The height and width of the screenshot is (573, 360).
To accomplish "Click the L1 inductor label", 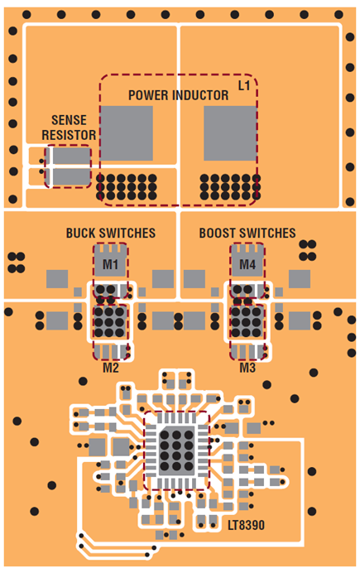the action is coord(244,85).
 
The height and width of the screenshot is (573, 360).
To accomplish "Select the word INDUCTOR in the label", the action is coord(201,95).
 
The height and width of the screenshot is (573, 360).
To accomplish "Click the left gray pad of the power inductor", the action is coord(127,133).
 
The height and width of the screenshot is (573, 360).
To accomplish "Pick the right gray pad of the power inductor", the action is coord(230,133).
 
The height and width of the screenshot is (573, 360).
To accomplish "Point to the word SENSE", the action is coord(69,120).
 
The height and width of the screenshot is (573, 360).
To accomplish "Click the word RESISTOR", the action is coord(69,135).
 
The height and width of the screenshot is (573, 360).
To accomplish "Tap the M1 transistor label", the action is coord(110,264).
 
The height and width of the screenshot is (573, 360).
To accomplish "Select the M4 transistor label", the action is coord(247,264).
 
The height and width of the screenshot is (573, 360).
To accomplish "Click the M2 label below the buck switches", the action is coord(111,368).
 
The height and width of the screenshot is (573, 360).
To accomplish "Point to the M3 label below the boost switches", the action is coord(247,368).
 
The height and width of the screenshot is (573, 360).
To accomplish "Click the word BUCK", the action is coord(81,234).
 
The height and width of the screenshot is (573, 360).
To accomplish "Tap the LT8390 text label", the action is coord(246,526).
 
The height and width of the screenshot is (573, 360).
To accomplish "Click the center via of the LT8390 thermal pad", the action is coord(176,445).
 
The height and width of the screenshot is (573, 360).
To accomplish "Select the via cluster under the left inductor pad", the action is coord(127,187).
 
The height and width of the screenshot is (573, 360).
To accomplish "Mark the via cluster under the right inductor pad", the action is coord(230,187).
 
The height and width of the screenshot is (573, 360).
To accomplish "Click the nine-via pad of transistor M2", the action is coord(109,321).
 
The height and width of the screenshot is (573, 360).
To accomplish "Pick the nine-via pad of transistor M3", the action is coord(247,321).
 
